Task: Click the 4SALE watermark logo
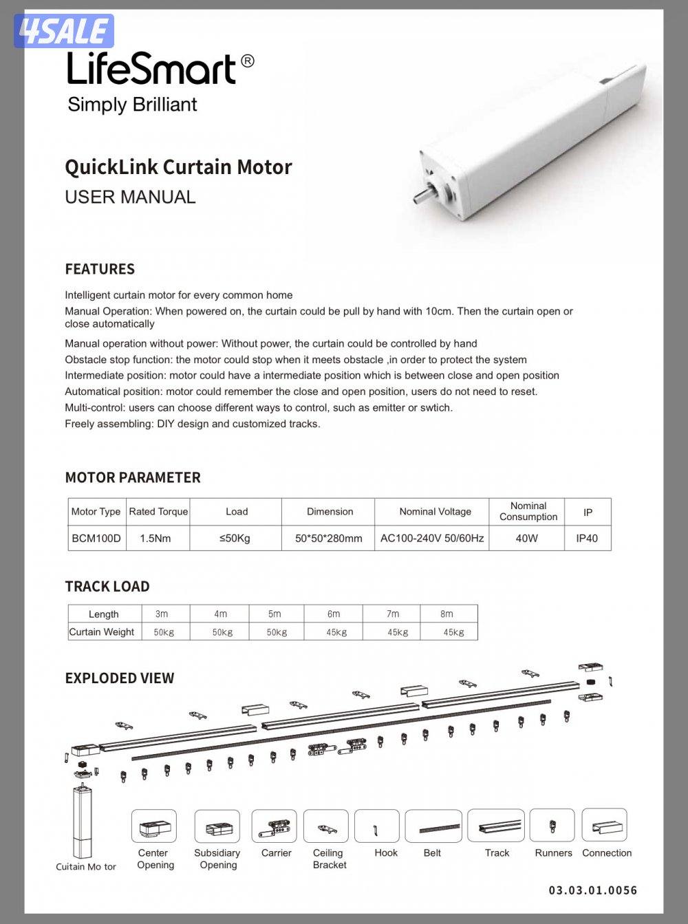63,31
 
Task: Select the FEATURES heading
100,269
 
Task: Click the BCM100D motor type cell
96,538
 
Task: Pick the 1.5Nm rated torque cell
155,538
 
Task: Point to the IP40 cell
587,538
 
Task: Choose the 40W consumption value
526,538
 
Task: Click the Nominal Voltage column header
435,512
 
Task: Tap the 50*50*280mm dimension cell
328,538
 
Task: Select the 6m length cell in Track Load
334,614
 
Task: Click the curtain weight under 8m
453,632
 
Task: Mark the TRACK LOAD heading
107,587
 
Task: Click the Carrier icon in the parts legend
275,826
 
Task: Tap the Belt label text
432,853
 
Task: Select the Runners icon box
552,826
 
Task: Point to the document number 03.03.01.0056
592,890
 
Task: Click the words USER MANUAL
130,197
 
